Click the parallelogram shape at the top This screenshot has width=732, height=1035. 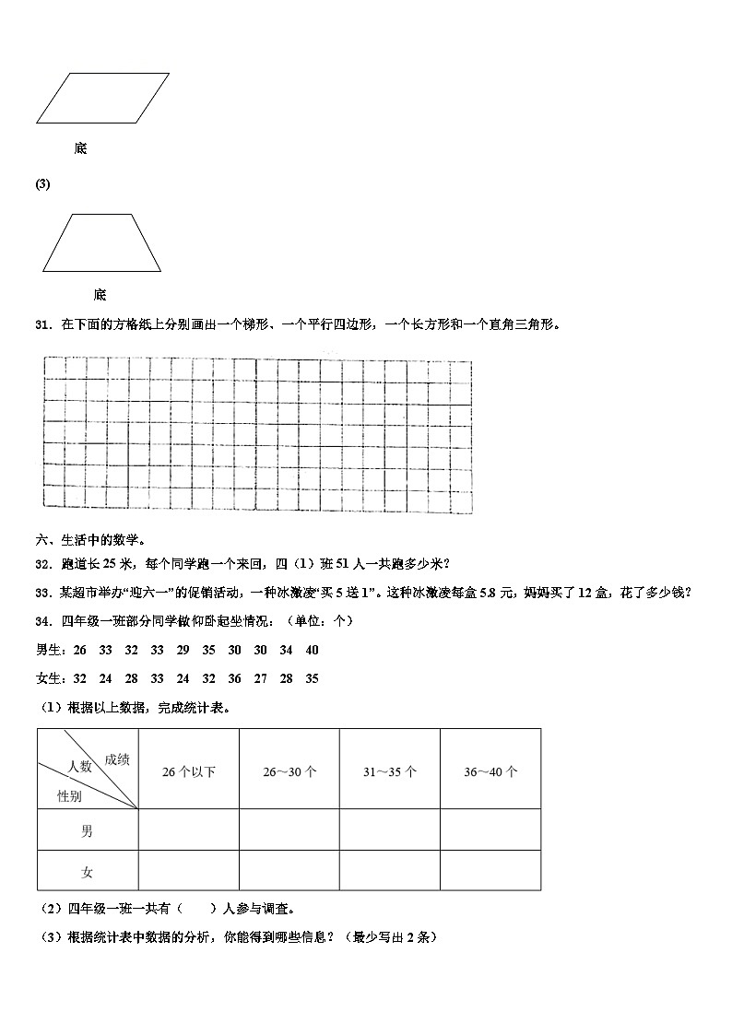tap(102, 98)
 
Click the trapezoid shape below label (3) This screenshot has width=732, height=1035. tap(101, 243)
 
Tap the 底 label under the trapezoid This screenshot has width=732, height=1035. tap(100, 295)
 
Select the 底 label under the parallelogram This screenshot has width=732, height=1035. tap(80, 148)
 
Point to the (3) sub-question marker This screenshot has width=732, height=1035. tap(42, 184)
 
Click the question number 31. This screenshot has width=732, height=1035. tap(41, 324)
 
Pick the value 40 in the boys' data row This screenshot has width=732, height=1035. tap(312, 651)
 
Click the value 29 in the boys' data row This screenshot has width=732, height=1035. tap(183, 651)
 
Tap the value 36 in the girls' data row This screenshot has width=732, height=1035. tap(234, 679)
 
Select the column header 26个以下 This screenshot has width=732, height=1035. tap(188, 772)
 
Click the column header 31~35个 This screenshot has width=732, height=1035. tap(389, 772)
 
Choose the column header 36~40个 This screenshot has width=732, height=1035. tap(490, 772)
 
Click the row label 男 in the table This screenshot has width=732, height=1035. tap(87, 831)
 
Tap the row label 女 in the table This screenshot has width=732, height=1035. tap(87, 872)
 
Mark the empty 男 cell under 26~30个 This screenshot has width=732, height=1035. tap(289, 830)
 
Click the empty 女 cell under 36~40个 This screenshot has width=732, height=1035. tap(490, 871)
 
